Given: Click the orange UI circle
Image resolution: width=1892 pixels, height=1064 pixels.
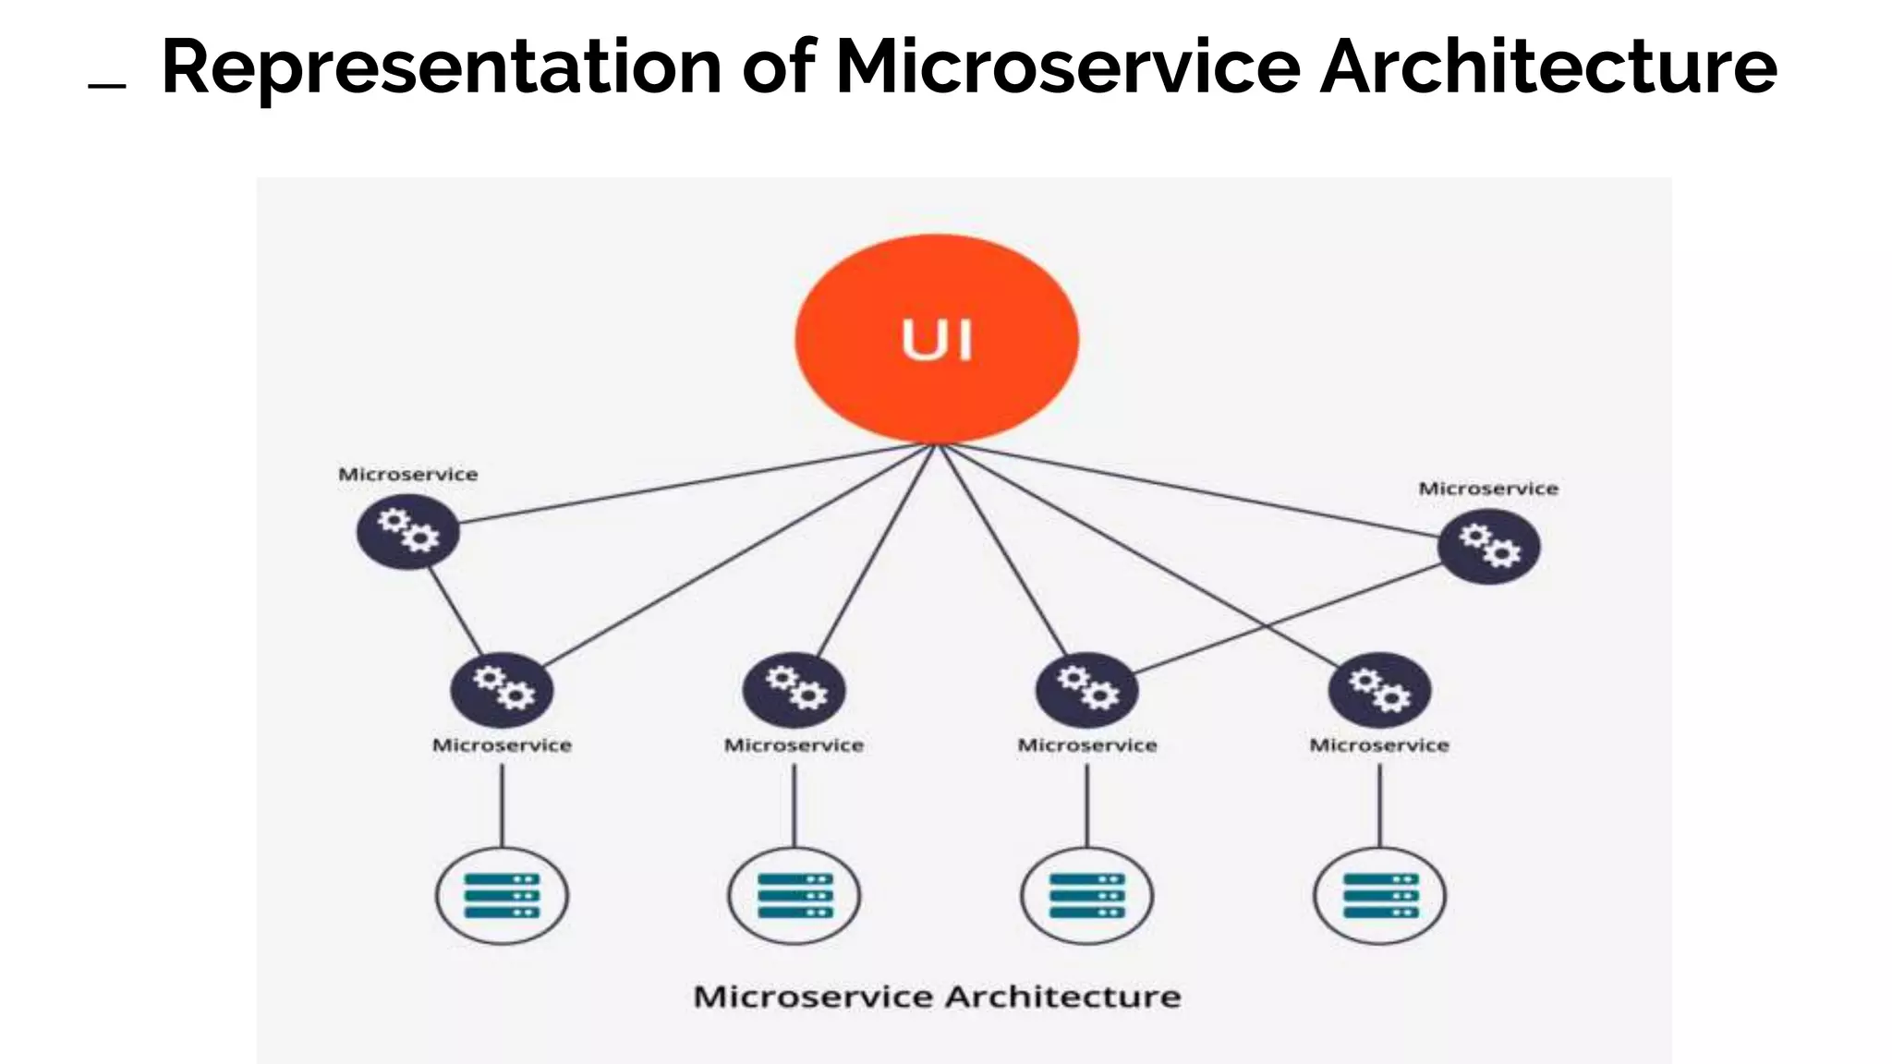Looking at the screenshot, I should [937, 338].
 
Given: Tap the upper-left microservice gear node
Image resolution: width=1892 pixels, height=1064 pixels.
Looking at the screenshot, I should [407, 532].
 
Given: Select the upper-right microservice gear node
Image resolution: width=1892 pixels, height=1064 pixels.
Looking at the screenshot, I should [1488, 547].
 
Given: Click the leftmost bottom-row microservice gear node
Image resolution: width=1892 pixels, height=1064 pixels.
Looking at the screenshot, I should [502, 690].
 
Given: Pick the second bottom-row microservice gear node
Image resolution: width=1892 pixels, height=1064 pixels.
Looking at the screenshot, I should [794, 690].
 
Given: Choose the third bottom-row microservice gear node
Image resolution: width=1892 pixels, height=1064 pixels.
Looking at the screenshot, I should [1086, 690].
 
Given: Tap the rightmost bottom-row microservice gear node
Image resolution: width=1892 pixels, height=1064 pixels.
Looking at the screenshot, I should [1379, 690].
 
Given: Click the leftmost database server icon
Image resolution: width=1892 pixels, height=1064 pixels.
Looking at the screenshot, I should [502, 896].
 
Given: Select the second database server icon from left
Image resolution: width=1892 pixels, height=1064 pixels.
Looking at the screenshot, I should [794, 896].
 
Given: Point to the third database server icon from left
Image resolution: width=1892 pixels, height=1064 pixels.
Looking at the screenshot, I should [1086, 896].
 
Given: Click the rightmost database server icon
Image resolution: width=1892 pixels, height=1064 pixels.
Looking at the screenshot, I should [1379, 896].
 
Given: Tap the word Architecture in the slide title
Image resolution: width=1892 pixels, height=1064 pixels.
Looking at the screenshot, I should [1547, 66].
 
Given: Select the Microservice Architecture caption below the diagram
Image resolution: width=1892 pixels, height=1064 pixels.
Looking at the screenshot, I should [937, 997].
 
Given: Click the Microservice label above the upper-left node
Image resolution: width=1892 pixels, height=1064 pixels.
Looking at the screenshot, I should [407, 475].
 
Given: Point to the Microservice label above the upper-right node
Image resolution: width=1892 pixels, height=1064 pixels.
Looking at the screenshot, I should [1487, 489].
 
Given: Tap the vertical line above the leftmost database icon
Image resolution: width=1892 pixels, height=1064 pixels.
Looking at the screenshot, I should [502, 805].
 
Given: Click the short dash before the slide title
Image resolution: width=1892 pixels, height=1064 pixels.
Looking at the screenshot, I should [106, 86].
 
